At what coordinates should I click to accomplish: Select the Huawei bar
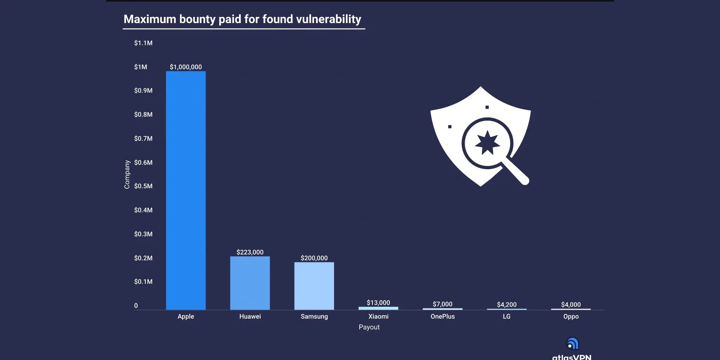[250, 283]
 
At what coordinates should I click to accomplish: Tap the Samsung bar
[314, 286]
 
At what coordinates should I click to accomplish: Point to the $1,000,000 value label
[186, 67]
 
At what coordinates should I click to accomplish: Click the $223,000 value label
[250, 252]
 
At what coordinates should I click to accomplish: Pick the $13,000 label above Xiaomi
[378, 303]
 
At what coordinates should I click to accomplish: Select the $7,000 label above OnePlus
[442, 304]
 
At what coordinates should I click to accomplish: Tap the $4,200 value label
[507, 305]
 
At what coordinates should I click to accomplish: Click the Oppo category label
[571, 316]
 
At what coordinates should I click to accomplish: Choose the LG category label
[507, 316]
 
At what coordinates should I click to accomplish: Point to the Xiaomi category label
[378, 316]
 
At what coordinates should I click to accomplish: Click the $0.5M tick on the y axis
[143, 186]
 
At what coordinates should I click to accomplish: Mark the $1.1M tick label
[143, 43]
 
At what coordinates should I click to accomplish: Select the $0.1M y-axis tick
[143, 282]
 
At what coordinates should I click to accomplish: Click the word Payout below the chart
[369, 327]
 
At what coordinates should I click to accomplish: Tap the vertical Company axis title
[127, 174]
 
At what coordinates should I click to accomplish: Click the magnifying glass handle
[517, 173]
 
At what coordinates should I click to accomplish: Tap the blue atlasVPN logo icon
[572, 344]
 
